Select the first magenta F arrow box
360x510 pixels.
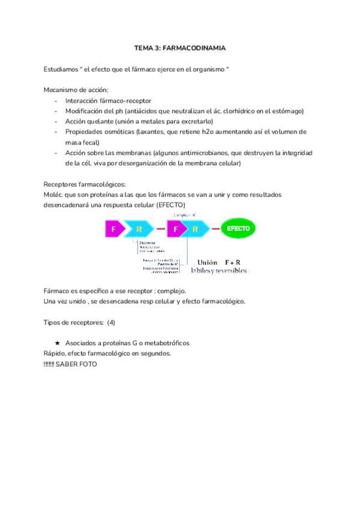pyautogui.click(x=114, y=229)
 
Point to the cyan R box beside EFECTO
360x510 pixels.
pyautogui.click(x=195, y=229)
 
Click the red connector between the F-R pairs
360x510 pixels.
pyautogui.click(x=160, y=229)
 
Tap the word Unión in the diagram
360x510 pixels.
pyautogui.click(x=207, y=262)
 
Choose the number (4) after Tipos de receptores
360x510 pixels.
pyautogui.click(x=111, y=322)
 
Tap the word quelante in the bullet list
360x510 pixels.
pyautogui.click(x=99, y=121)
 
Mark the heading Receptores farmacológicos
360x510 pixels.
pyautogui.click(x=85, y=184)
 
